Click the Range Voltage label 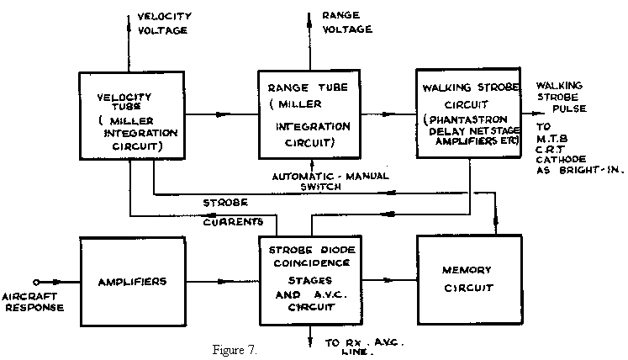pyautogui.click(x=346, y=22)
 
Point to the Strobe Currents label pyautogui.click(x=236, y=212)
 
